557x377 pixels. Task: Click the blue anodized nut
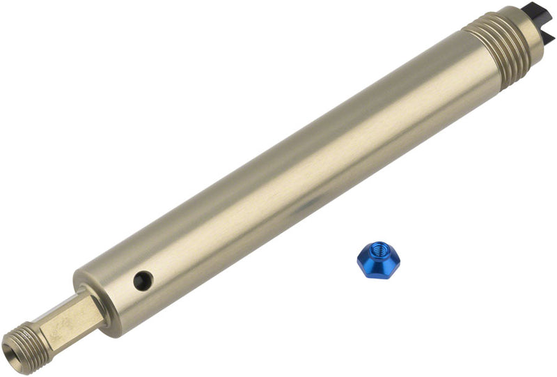(x=378, y=260)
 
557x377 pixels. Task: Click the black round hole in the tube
(x=143, y=281)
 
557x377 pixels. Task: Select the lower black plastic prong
(x=548, y=35)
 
